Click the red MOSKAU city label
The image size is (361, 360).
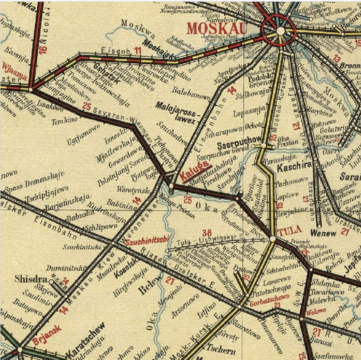coord(218,28)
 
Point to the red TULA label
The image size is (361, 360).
coord(289,232)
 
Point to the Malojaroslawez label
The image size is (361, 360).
coord(172,109)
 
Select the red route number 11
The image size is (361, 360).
coord(138,50)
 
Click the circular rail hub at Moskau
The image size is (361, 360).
coord(281,32)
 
